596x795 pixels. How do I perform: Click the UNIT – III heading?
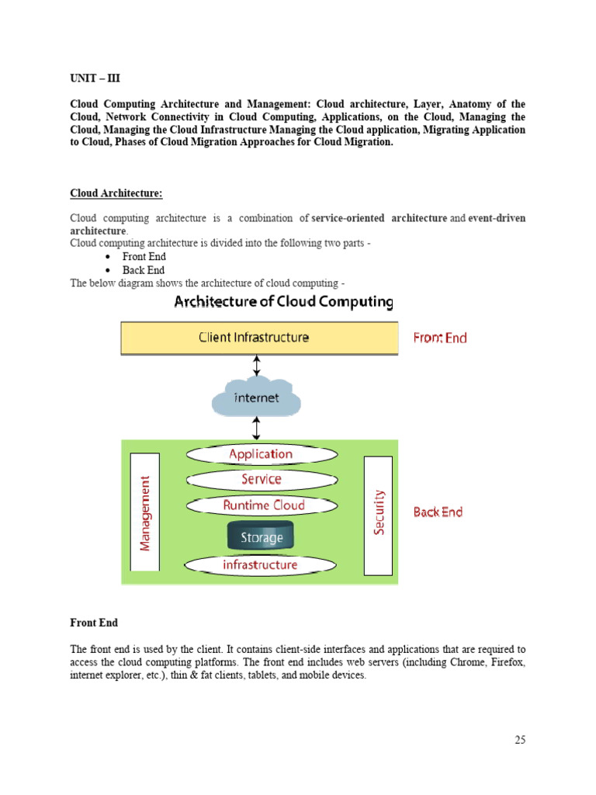point(95,78)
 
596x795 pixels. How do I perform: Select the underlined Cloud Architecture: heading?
point(116,193)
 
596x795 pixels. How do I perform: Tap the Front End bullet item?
point(144,256)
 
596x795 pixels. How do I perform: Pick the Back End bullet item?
point(144,270)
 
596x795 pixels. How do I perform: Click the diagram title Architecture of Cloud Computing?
point(283,302)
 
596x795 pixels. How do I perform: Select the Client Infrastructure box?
point(259,338)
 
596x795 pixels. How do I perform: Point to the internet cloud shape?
point(257,397)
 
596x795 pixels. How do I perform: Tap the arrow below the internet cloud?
point(257,427)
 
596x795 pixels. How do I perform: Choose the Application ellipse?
point(261,454)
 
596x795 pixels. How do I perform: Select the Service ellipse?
point(261,480)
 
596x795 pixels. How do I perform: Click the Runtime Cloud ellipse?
point(263,505)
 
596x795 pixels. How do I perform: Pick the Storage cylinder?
point(261,536)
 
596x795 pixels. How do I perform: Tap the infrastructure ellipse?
point(260,564)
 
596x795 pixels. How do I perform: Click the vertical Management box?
point(145,513)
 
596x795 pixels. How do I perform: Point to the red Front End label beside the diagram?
point(440,338)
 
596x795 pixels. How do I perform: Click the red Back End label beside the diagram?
point(438,512)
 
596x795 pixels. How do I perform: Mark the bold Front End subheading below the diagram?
point(94,623)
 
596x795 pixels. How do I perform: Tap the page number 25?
point(519,740)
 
